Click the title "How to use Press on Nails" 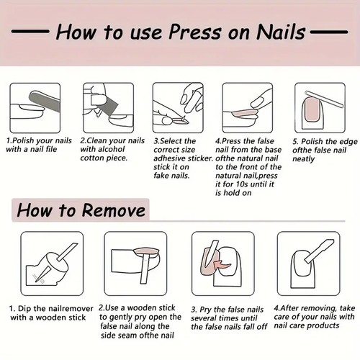point(180,32)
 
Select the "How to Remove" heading point(80,210)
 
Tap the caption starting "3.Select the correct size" point(181,158)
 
